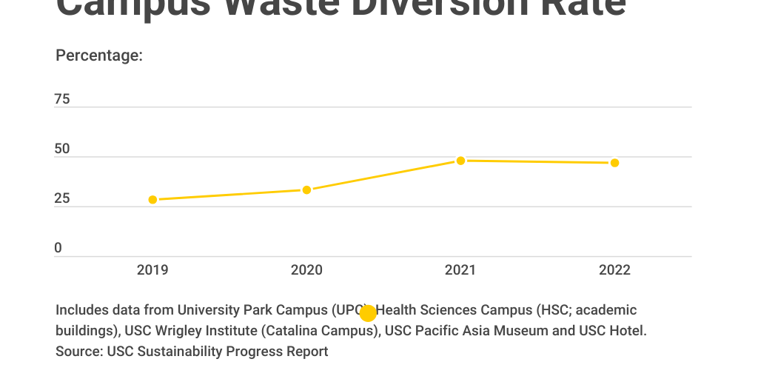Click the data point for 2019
pyautogui.click(x=152, y=200)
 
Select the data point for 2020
pyautogui.click(x=306, y=190)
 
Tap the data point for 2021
pyautogui.click(x=460, y=161)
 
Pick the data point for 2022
pyautogui.click(x=614, y=163)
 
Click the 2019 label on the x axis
pyautogui.click(x=152, y=270)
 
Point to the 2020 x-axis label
pyautogui.click(x=306, y=270)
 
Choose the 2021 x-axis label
pyautogui.click(x=460, y=270)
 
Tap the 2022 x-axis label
pyautogui.click(x=614, y=270)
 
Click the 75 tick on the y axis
pyautogui.click(x=62, y=99)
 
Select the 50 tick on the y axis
pyautogui.click(x=62, y=149)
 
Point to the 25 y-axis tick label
pyautogui.click(x=62, y=198)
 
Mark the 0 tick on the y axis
pyautogui.click(x=58, y=249)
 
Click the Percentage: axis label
pyautogui.click(x=99, y=56)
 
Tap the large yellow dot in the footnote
pyautogui.click(x=368, y=313)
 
